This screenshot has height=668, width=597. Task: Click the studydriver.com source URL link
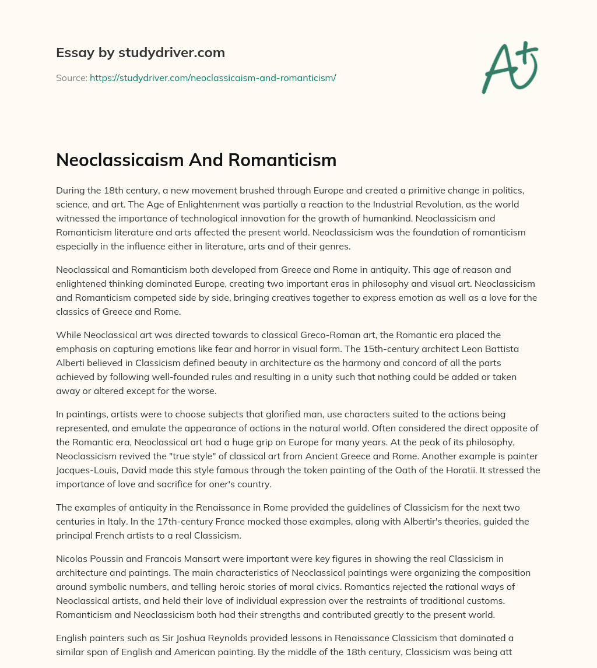213,78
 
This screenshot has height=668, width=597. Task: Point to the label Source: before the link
71,78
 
